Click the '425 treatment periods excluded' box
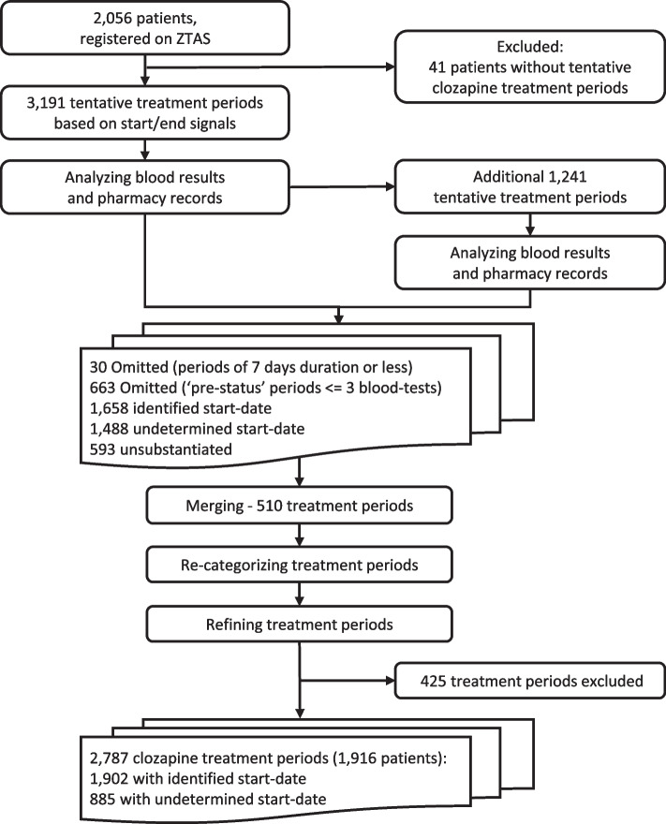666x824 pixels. tap(521, 681)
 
